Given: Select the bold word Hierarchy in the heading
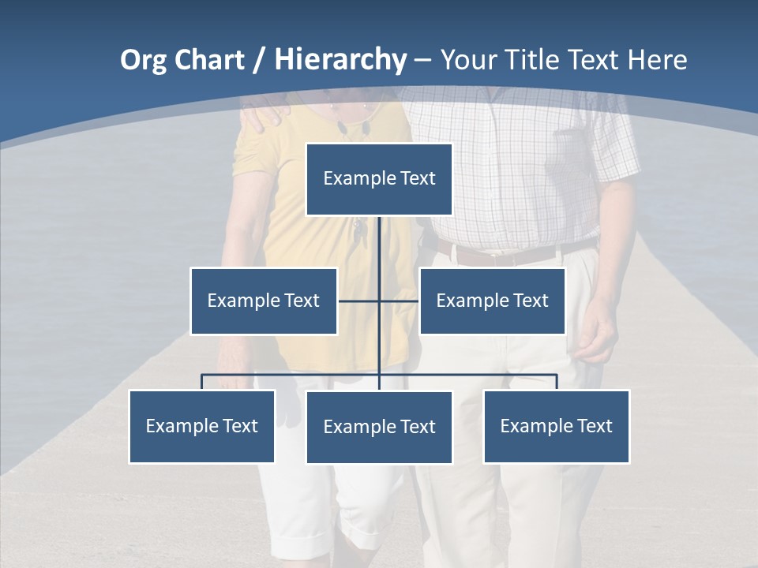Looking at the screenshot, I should [340, 60].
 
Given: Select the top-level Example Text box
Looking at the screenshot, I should [379, 179].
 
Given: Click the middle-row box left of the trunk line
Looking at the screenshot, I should [264, 301].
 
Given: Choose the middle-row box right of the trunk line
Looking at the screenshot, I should [492, 301].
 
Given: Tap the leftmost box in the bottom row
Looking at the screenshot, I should [202, 426].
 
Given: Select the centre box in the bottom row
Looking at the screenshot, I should [379, 427].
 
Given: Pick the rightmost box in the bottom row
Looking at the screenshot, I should [556, 426].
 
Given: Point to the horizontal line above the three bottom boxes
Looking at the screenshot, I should [292, 375].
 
